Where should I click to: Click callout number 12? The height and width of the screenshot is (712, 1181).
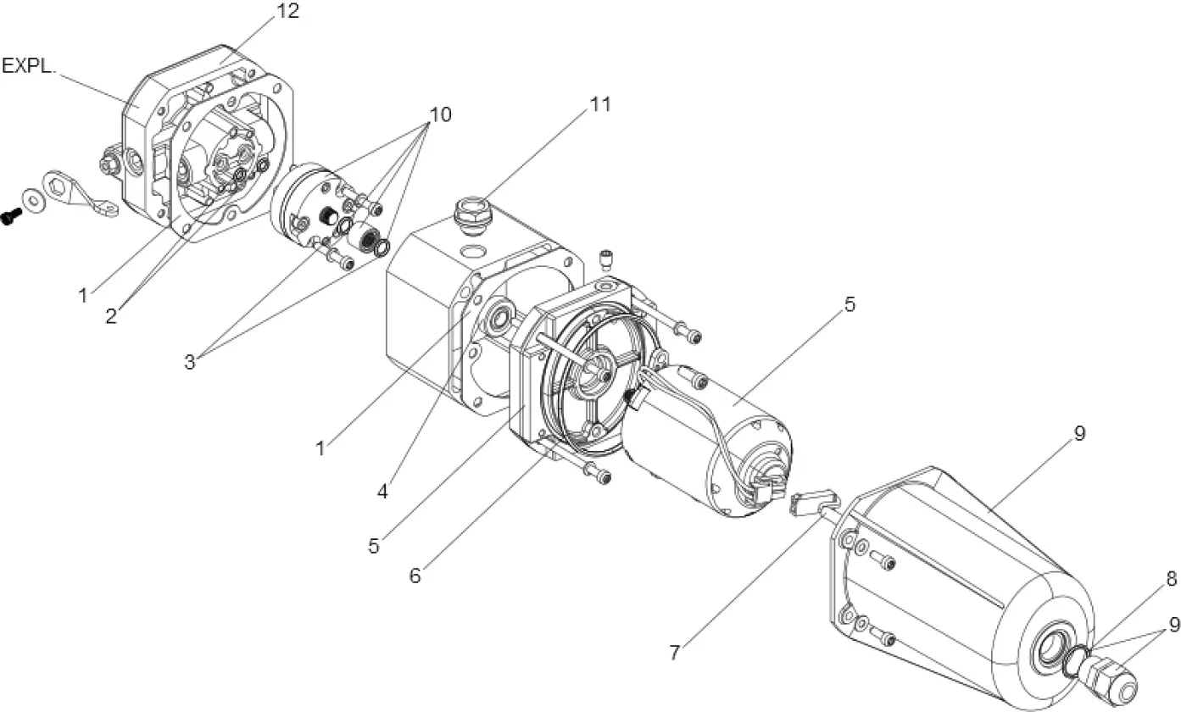[287, 12]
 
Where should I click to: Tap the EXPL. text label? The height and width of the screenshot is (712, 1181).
[29, 67]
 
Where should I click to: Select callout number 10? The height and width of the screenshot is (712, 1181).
[440, 114]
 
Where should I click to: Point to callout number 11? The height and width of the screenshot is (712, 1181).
[601, 104]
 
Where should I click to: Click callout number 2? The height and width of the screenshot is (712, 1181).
[112, 316]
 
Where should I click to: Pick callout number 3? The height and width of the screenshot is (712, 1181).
[190, 362]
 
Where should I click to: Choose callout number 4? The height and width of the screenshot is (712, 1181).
[382, 491]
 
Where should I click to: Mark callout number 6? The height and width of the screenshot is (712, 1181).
[415, 575]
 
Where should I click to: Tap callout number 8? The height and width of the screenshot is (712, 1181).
[1171, 580]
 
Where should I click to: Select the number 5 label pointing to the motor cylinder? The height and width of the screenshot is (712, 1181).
[850, 304]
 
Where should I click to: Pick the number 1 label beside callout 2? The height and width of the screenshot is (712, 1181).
[83, 296]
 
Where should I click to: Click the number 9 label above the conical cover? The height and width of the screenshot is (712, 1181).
[1079, 433]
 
